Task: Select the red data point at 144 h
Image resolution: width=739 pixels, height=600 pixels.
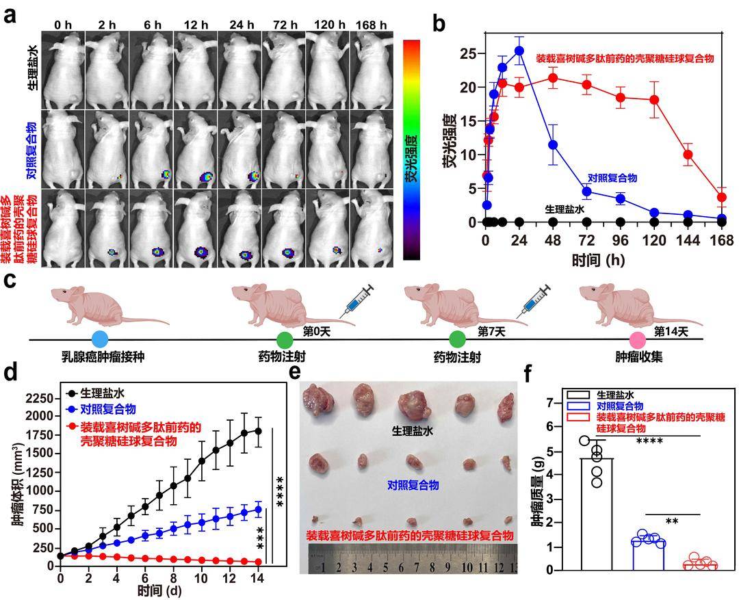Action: coord(688,155)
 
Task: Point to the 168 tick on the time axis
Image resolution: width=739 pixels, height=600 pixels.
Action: coord(722,240)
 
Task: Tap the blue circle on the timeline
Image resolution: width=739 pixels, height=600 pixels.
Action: coord(100,339)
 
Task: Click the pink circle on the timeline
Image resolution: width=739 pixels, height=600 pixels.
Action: coord(638,339)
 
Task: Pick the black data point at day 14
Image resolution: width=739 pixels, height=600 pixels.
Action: coord(259,431)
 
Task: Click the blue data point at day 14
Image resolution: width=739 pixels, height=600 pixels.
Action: coord(259,509)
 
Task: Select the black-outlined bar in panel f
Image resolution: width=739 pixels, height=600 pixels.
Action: coord(597,513)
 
